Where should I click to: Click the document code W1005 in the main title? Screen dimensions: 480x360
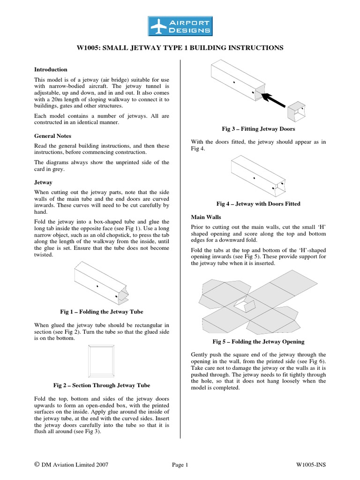90,48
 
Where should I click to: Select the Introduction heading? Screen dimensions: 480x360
51,69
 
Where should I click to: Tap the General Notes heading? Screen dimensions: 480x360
52,135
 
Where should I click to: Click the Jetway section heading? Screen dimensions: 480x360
43,182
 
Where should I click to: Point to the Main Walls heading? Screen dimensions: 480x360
206,217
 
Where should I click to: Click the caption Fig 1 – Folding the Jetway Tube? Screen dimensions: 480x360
102,312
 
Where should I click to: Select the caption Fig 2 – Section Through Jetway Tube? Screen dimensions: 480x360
102,385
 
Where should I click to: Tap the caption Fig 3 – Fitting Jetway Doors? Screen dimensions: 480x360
258,129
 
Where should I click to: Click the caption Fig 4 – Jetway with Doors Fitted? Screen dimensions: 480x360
258,204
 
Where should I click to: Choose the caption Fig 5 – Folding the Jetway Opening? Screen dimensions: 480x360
258,342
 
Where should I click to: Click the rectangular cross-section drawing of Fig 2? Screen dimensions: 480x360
102,361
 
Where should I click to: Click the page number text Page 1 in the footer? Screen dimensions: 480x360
180,465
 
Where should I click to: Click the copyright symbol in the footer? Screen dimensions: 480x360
37,465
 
